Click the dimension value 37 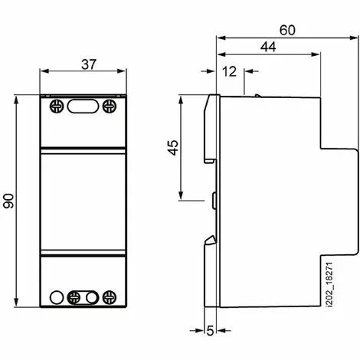tap(88, 65)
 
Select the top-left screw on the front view tap(55, 105)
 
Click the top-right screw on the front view tap(110, 105)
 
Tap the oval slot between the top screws tap(82, 106)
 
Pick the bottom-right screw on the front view tap(110, 297)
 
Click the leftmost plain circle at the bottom tap(56, 297)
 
